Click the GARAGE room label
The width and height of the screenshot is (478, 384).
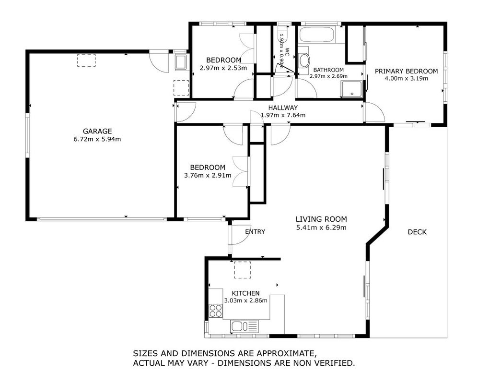[x=97, y=131]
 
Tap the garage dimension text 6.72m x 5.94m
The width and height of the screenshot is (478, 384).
[x=97, y=139]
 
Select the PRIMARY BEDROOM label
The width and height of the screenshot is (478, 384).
[x=407, y=71]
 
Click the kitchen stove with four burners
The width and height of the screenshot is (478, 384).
[x=216, y=311]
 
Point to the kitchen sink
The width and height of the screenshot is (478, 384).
[x=244, y=326]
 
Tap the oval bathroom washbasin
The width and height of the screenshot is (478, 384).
[x=304, y=60]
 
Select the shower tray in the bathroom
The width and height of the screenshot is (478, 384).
[x=352, y=89]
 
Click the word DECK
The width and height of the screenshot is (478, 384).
[x=417, y=232]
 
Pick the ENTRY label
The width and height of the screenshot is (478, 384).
[x=255, y=232]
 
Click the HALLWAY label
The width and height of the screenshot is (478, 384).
[x=283, y=108]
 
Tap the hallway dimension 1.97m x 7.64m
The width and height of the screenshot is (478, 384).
[x=283, y=115]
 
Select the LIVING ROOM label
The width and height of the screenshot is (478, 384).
[x=321, y=219]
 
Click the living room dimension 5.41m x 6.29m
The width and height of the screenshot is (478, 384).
[x=321, y=228]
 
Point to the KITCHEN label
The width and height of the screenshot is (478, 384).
[x=245, y=293]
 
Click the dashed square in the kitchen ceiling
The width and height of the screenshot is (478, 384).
[x=242, y=270]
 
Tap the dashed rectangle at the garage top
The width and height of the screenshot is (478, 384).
[x=86, y=60]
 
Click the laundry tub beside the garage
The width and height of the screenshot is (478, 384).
[x=181, y=62]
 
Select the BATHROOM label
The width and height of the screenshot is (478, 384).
[x=328, y=70]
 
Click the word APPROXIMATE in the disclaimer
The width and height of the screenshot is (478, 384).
[x=286, y=353]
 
